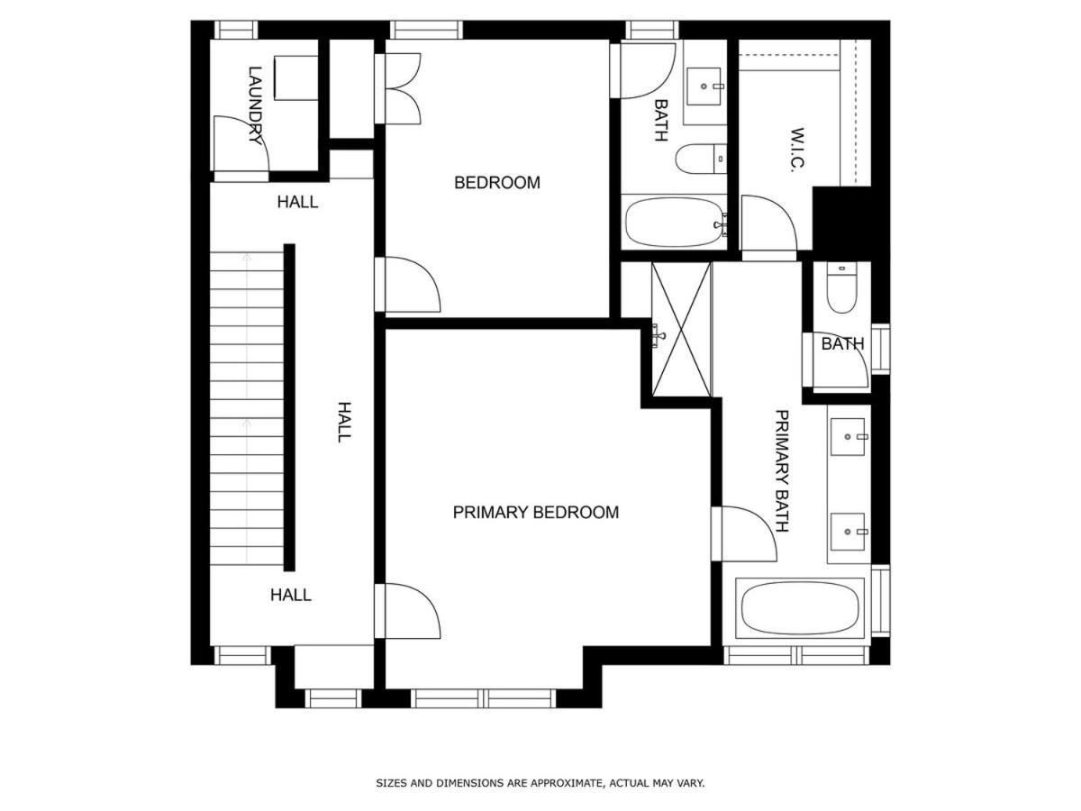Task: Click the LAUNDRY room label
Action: click(256, 105)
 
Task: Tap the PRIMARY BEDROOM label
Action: click(535, 513)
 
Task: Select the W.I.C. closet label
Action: click(797, 150)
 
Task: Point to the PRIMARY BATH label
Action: click(782, 471)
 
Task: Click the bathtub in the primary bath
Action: click(800, 608)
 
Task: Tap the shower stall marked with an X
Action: click(681, 329)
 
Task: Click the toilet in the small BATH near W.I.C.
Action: click(841, 287)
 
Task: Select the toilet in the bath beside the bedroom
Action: click(701, 159)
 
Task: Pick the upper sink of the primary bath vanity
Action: click(848, 437)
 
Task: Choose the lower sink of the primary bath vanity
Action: click(848, 532)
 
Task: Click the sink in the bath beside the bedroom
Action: click(704, 87)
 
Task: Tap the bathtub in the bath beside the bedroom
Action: click(673, 222)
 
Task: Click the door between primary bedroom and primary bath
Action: click(744, 533)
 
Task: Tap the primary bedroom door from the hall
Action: click(408, 611)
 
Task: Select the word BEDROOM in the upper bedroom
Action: click(497, 183)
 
